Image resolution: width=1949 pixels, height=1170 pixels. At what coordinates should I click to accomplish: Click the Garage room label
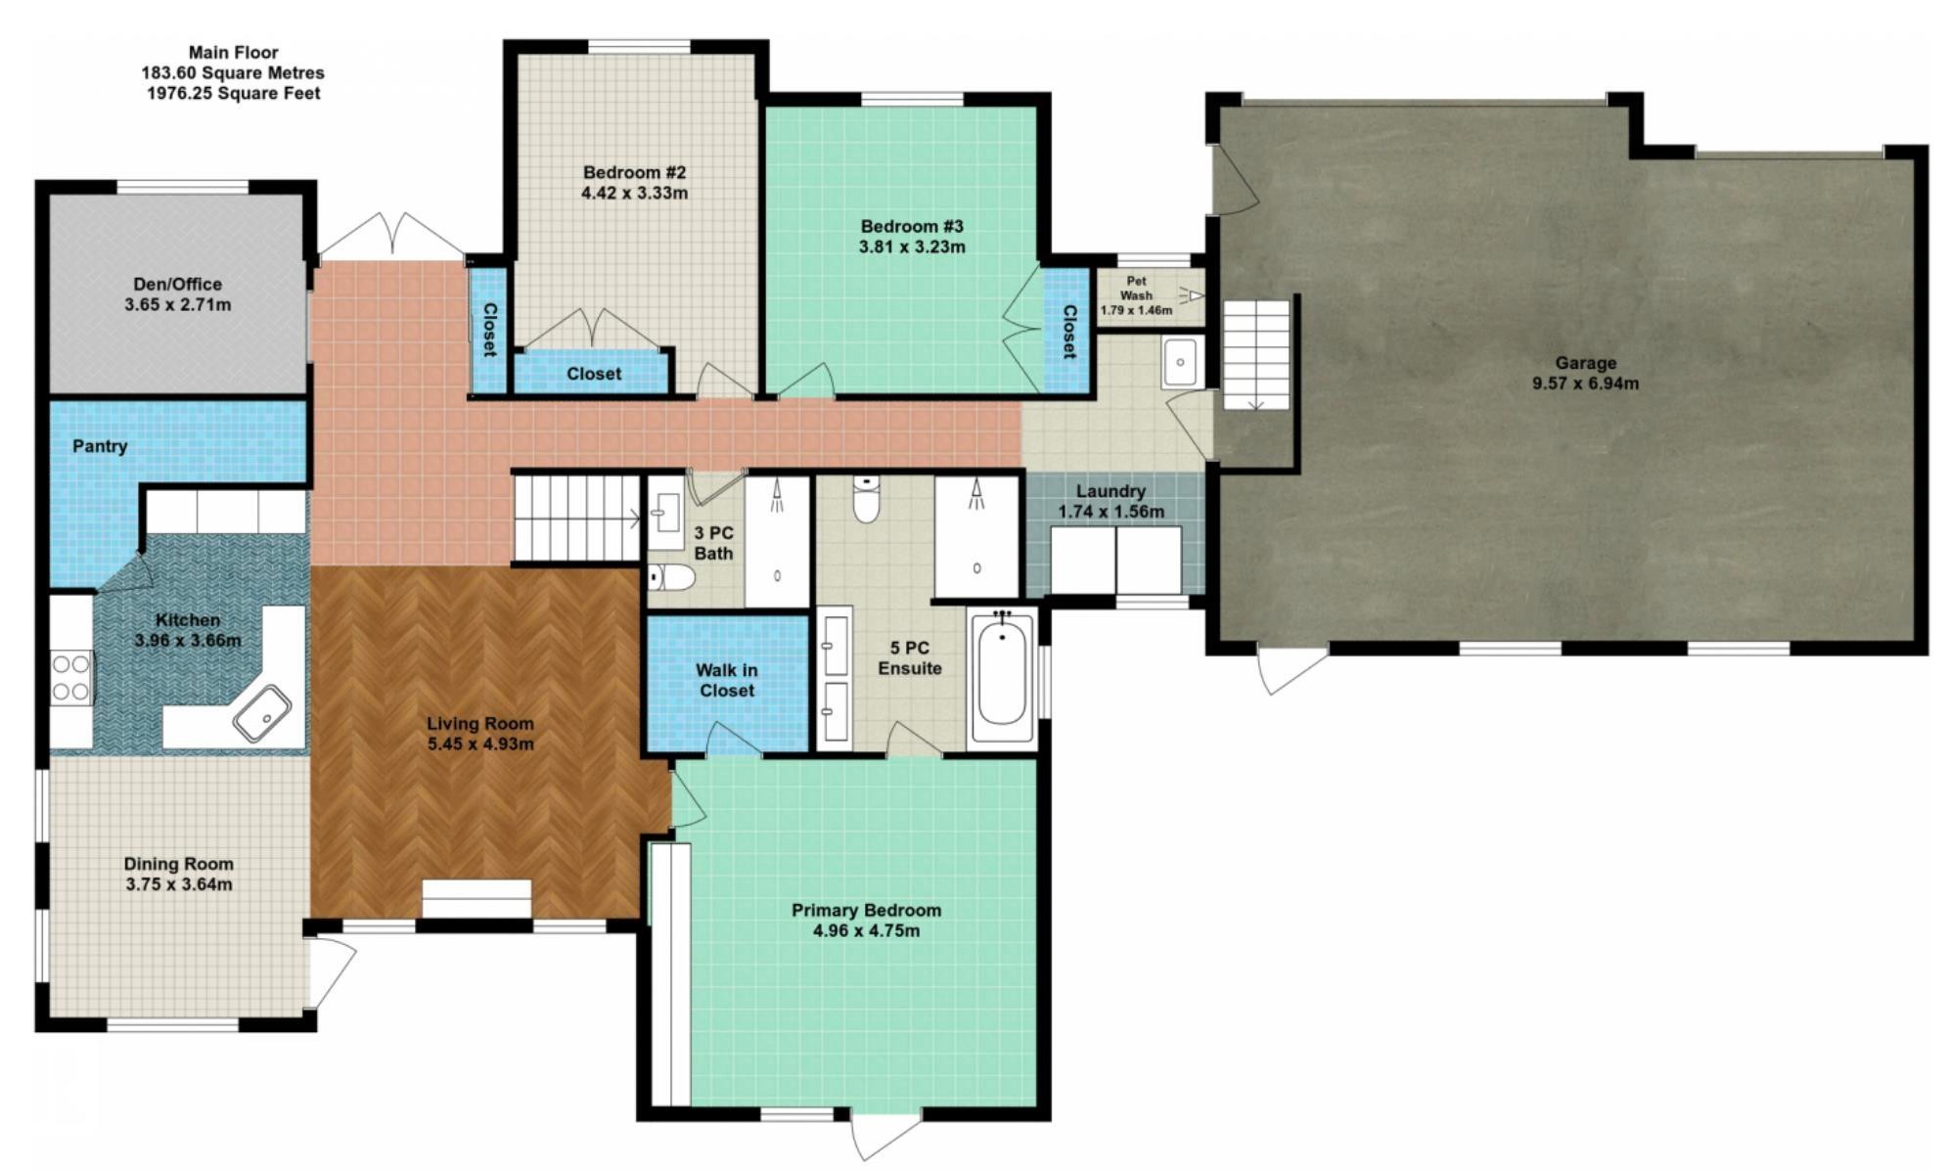[x=1585, y=363]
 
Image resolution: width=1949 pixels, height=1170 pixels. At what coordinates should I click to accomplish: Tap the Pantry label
[x=100, y=446]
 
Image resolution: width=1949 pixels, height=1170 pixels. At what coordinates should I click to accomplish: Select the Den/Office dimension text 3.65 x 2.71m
[x=178, y=304]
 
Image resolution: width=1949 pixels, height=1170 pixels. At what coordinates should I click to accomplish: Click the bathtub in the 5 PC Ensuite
[x=1001, y=676]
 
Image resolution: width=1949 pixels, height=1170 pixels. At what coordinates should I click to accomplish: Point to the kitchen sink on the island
[x=261, y=713]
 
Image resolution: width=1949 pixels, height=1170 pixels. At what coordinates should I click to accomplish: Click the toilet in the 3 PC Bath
[x=671, y=577]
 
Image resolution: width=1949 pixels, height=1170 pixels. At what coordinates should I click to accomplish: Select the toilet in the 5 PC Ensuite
[x=866, y=498]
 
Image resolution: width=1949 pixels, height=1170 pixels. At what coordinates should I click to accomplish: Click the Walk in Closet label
[x=726, y=680]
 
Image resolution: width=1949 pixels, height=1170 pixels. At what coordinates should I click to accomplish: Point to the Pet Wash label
[x=1136, y=289]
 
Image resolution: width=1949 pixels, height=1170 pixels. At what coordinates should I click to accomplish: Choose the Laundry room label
[x=1110, y=491]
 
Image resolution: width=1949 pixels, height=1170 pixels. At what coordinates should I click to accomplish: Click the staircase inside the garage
[x=1257, y=355]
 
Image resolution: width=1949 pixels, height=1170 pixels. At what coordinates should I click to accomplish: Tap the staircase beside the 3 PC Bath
[x=577, y=517]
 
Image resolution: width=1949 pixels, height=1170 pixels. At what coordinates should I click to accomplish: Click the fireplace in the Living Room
[x=476, y=899]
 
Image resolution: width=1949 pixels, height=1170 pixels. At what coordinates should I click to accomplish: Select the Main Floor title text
[x=234, y=53]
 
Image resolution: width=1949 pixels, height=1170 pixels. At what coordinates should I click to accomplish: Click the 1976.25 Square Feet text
[x=234, y=94]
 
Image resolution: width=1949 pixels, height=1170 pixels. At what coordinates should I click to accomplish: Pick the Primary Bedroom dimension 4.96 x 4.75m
[x=866, y=931]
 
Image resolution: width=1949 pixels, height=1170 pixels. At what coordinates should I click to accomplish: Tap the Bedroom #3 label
[x=912, y=226]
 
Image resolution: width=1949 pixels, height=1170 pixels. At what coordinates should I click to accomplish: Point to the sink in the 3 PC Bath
[x=667, y=513]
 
